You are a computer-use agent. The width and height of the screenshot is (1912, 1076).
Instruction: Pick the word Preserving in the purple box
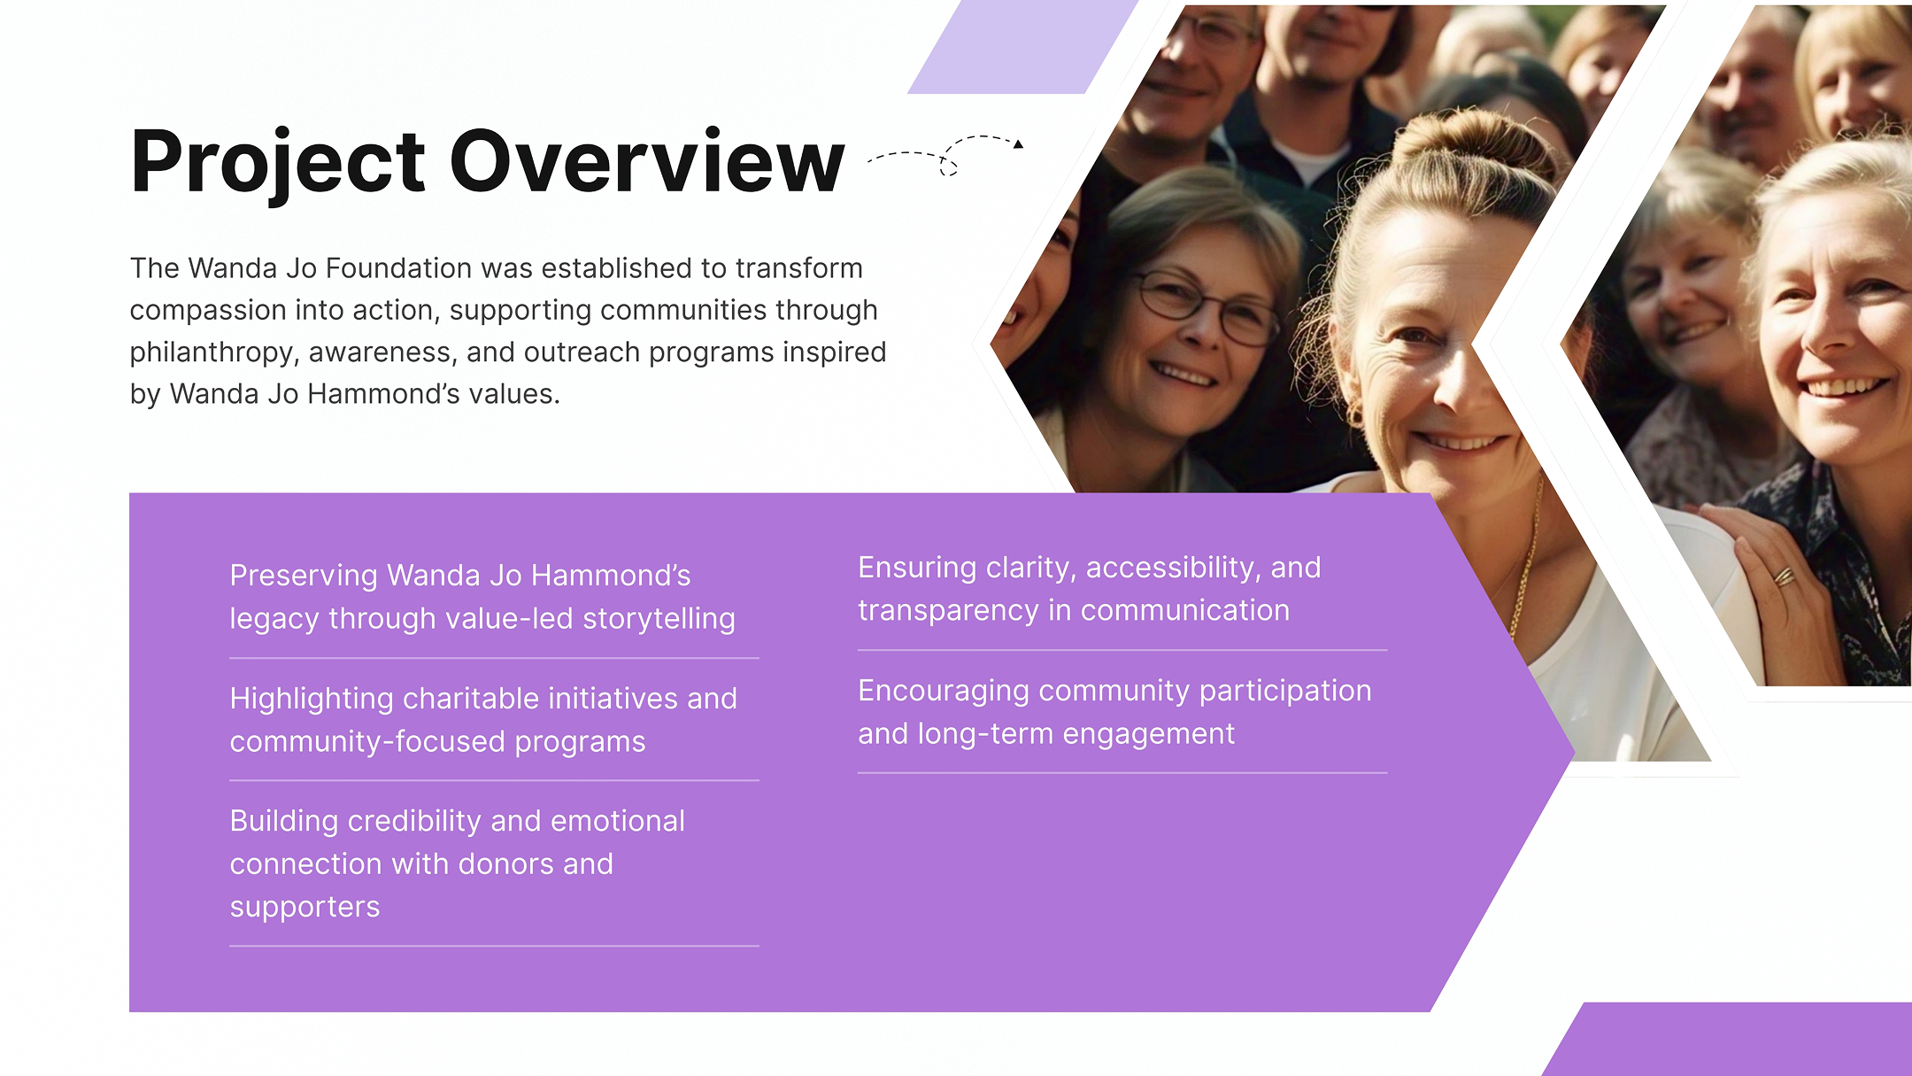pos(304,577)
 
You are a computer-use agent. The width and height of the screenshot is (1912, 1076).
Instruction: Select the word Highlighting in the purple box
pos(312,699)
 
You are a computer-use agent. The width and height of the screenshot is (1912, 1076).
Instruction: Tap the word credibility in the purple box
pos(414,822)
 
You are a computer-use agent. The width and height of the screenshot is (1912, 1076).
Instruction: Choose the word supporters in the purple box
pos(305,908)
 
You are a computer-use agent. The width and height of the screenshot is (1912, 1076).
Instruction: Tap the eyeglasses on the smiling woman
pos(1207,307)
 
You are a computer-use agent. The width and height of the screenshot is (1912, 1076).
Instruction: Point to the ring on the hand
pos(1783,577)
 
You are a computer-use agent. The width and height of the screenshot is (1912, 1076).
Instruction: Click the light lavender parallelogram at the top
pos(1022,47)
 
